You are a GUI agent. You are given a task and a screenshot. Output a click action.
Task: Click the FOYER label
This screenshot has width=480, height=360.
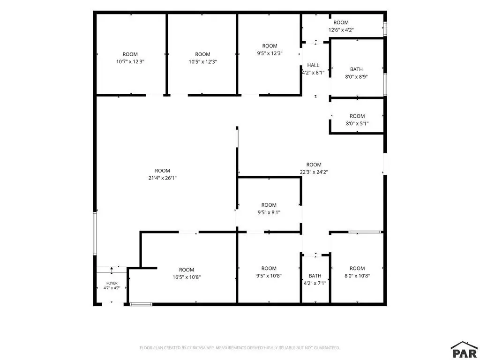[112, 283]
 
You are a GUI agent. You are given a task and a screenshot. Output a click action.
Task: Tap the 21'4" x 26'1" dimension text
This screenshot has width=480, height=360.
[163, 178]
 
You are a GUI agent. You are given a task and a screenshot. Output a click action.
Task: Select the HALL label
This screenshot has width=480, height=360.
[313, 65]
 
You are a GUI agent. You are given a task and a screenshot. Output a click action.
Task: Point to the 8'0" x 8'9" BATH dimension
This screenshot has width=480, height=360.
[356, 77]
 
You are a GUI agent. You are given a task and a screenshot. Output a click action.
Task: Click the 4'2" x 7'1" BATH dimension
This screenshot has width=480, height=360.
[315, 284]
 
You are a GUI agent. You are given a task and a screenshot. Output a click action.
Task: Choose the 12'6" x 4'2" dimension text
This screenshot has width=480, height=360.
[341, 30]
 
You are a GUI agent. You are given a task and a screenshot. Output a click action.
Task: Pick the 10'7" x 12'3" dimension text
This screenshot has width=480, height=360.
[130, 62]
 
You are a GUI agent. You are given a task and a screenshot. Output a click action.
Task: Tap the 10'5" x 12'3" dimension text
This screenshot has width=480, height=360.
[202, 62]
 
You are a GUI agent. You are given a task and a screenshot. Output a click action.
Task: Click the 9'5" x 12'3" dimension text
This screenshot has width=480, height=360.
[270, 53]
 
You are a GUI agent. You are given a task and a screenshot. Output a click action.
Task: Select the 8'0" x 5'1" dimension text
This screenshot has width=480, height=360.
[357, 124]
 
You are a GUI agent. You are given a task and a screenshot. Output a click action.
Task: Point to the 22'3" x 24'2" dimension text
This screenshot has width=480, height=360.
[314, 172]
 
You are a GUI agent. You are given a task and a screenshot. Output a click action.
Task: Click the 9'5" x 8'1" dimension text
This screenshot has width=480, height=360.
[269, 212]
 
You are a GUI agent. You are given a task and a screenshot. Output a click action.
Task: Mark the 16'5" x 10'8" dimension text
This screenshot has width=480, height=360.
[187, 277]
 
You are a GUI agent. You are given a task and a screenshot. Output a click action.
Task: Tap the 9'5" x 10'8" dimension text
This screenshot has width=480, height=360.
[269, 276]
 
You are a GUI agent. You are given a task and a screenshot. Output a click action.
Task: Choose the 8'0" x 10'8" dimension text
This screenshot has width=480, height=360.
[357, 276]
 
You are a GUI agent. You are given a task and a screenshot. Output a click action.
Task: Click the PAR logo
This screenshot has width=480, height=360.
[465, 350]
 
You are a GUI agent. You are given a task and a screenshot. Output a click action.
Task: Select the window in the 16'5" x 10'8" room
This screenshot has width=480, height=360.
[141, 304]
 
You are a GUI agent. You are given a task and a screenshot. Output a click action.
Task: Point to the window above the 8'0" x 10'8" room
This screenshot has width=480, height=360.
[365, 232]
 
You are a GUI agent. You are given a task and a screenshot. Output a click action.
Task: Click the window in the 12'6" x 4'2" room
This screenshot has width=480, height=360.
[385, 29]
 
